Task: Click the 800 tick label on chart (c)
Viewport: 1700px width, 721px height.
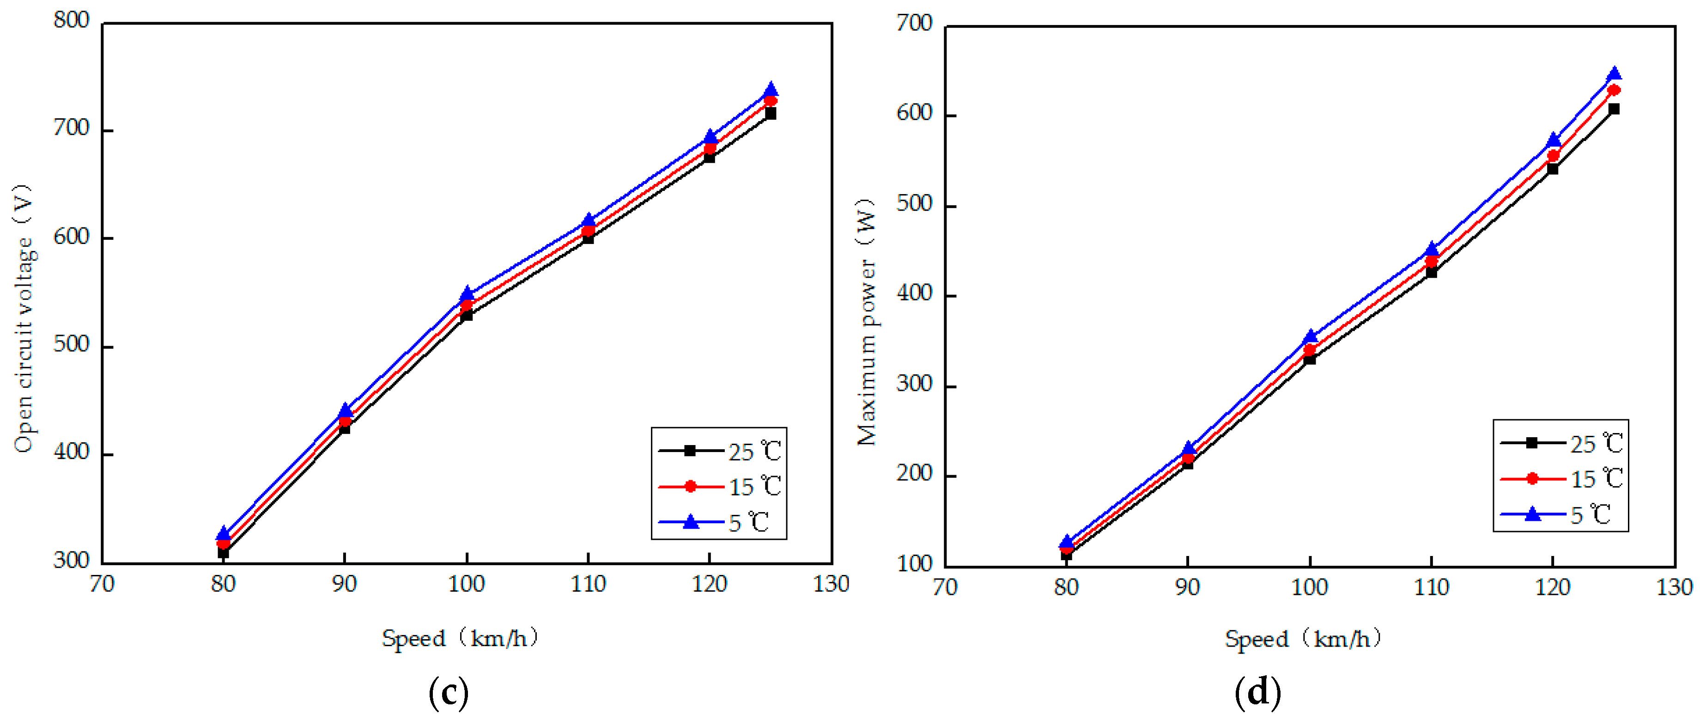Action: pyautogui.click(x=71, y=20)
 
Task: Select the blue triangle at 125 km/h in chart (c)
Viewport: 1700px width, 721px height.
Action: pyautogui.click(x=771, y=90)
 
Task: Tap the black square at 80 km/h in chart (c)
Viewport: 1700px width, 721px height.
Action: pyautogui.click(x=223, y=552)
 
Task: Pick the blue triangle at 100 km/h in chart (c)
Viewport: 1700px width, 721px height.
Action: pyautogui.click(x=467, y=294)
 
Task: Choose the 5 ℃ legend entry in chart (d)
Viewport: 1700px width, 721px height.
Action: pyautogui.click(x=1561, y=514)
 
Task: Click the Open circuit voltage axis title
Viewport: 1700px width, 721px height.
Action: pyautogui.click(x=23, y=318)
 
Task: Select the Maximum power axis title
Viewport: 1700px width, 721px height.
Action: pyautogui.click(x=866, y=322)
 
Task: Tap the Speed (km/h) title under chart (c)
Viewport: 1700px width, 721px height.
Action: pyautogui.click(x=460, y=638)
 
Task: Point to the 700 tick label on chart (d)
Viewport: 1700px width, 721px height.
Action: pyautogui.click(x=914, y=24)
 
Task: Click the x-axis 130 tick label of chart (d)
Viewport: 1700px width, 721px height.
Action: pyautogui.click(x=1674, y=587)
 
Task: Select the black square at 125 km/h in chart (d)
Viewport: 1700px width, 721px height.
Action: pyautogui.click(x=1614, y=109)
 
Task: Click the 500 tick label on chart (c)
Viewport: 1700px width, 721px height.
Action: pyautogui.click(x=71, y=345)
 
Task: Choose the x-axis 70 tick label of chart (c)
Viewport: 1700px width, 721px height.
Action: pyautogui.click(x=102, y=584)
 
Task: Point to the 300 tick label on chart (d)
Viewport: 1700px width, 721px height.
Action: pyautogui.click(x=914, y=384)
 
